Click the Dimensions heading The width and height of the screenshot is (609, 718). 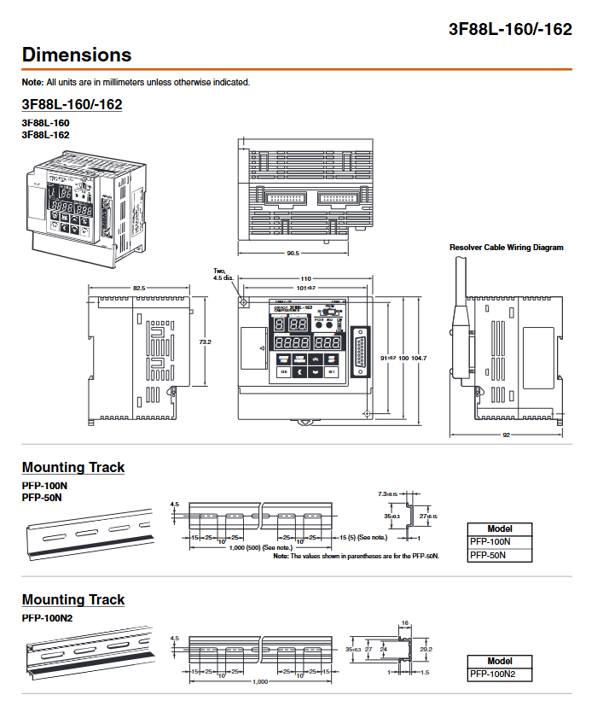tap(77, 55)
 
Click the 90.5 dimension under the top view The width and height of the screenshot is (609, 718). tap(293, 253)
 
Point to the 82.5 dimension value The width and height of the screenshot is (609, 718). tap(138, 289)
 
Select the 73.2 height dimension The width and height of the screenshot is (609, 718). tap(205, 341)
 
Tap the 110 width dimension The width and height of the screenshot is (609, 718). tap(305, 279)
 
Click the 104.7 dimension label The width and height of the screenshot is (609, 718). tap(418, 358)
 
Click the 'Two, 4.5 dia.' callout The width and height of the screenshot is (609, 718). tap(223, 274)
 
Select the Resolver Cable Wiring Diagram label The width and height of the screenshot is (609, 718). tap(507, 248)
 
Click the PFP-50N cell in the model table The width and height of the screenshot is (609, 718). tap(500, 555)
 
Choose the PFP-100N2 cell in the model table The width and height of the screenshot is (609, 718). tap(500, 674)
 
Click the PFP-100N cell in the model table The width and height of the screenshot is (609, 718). tap(500, 541)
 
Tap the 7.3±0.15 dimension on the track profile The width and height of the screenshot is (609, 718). tap(389, 494)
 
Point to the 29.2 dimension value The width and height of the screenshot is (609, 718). tap(427, 650)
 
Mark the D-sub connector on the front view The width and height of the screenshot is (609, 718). tap(362, 352)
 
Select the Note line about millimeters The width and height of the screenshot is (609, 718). tap(136, 82)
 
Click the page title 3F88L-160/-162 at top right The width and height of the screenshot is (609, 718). tap(510, 29)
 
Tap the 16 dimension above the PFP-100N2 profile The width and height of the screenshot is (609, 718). tap(404, 623)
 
